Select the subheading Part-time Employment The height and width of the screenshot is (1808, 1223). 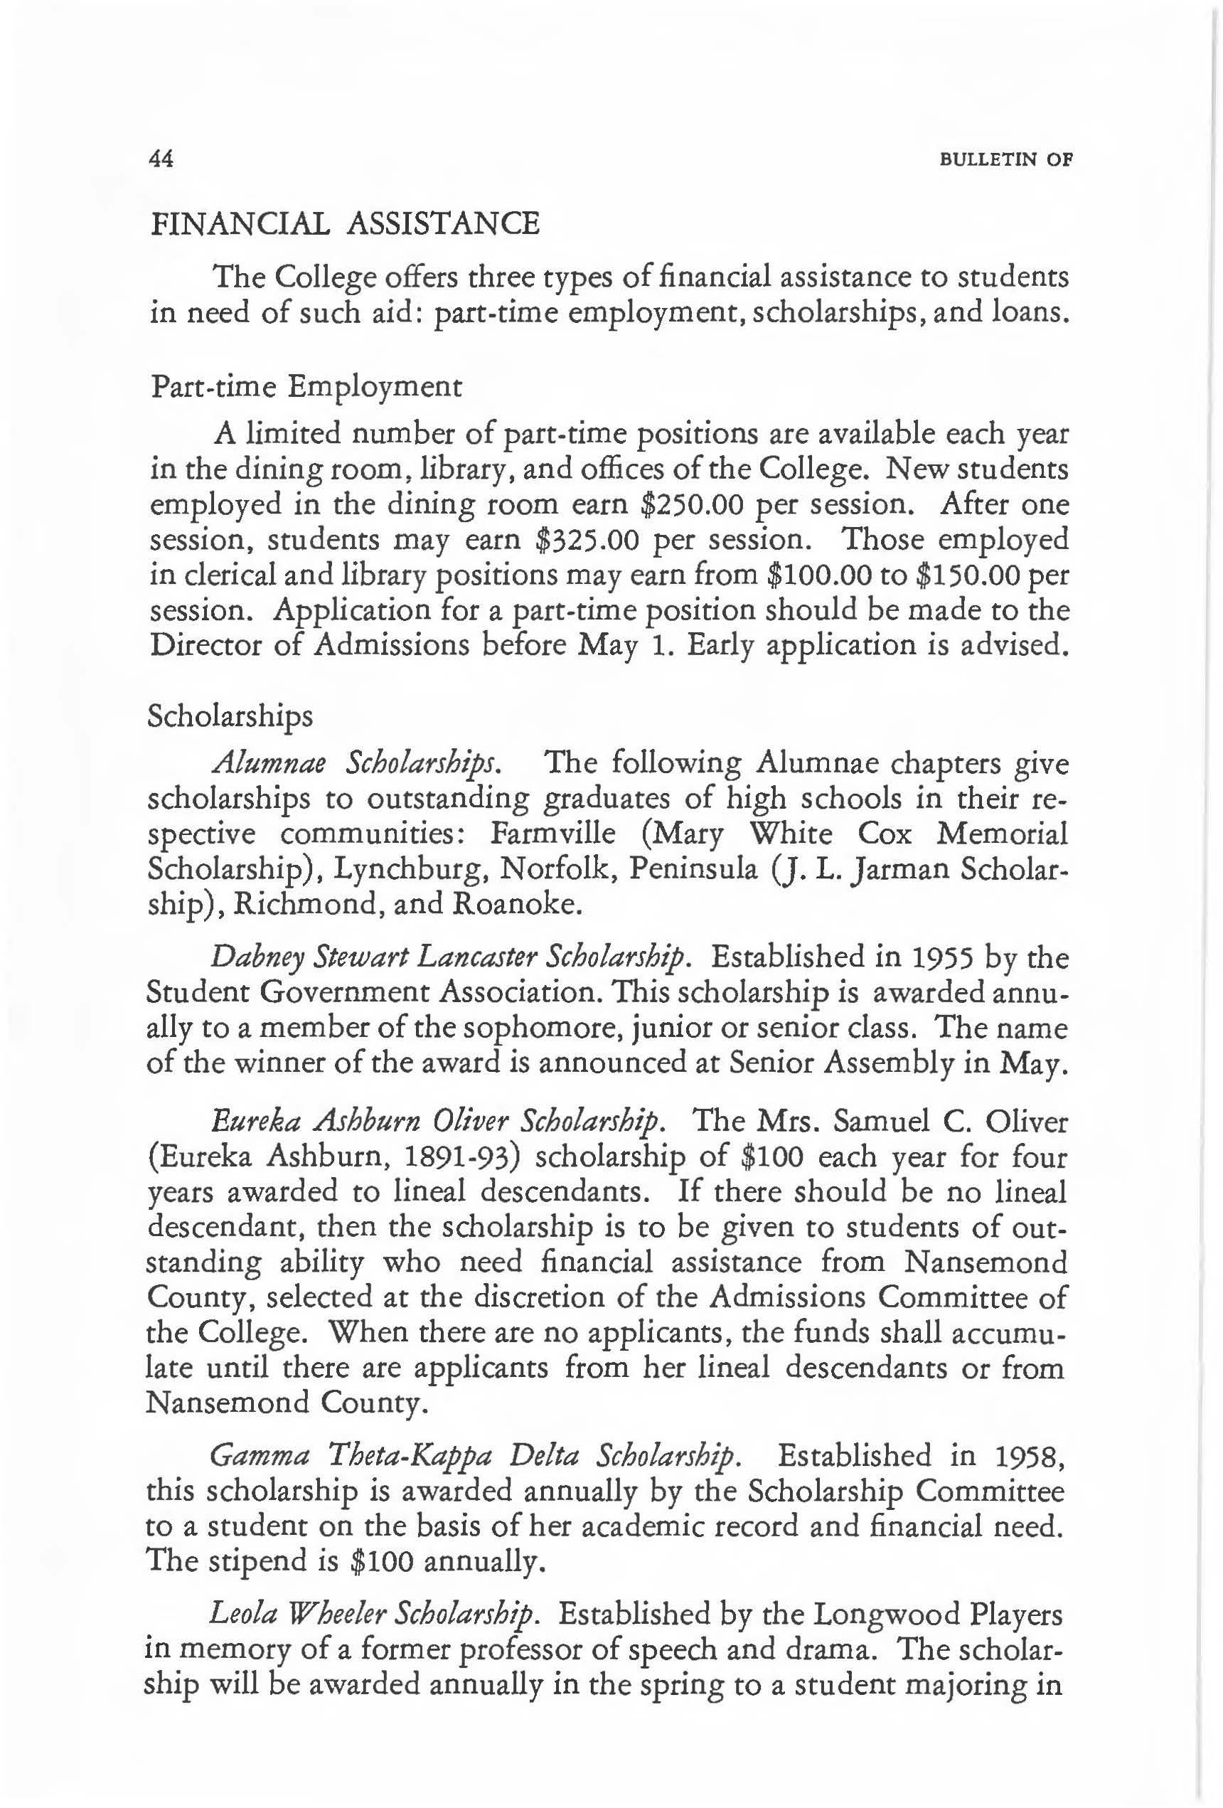(x=305, y=387)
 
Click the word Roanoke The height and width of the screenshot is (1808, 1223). (x=517, y=904)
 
